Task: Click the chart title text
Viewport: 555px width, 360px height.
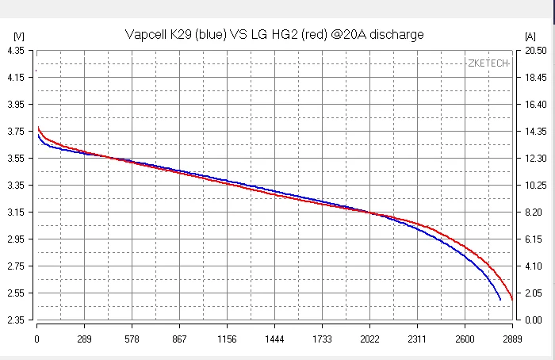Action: tap(274, 34)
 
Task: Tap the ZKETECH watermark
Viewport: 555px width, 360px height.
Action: tap(488, 63)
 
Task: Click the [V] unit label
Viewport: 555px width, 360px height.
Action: tap(19, 36)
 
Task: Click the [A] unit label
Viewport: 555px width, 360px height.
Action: tap(530, 36)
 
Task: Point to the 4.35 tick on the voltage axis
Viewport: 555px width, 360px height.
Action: tap(15, 50)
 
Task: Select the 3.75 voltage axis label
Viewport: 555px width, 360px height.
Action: tap(15, 132)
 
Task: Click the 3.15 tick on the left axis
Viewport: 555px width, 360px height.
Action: tap(15, 213)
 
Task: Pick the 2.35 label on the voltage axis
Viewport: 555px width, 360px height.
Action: tap(15, 320)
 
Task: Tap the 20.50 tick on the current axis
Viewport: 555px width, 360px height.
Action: tap(531, 50)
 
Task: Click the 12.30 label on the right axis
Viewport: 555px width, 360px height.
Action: tap(531, 159)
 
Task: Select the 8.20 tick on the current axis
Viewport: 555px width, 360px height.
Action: tap(531, 213)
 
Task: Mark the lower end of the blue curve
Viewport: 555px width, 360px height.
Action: tap(499, 300)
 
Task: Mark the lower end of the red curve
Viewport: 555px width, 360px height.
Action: tap(512, 300)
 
